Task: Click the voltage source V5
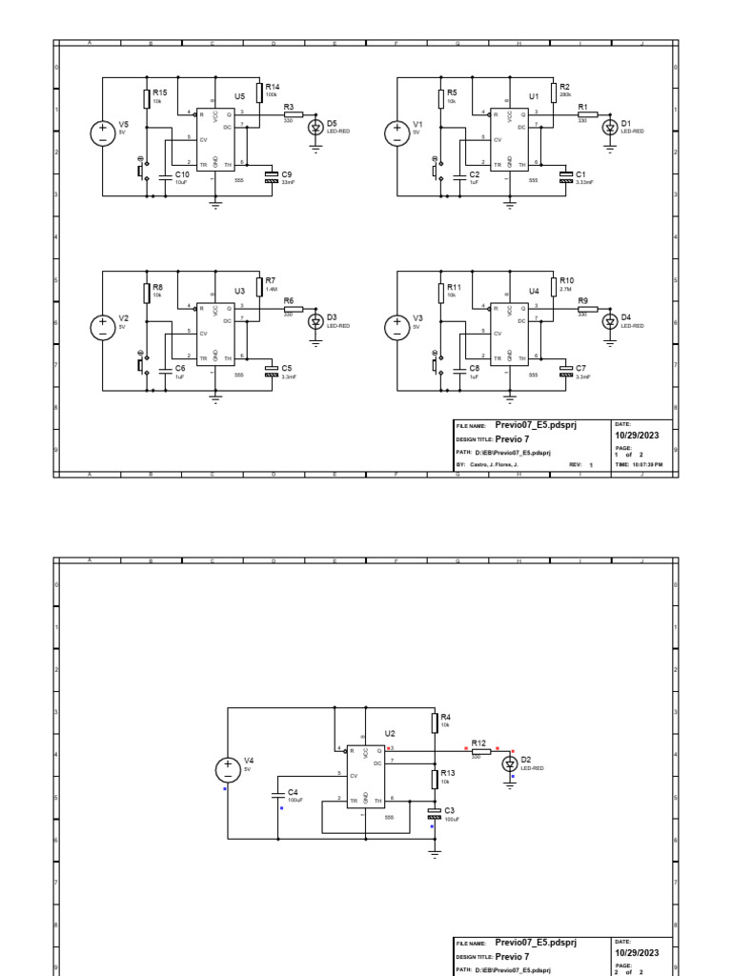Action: click(103, 133)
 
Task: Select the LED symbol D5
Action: click(316, 125)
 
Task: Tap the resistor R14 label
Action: click(272, 87)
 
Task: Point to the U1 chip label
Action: click(534, 96)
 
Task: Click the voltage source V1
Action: click(396, 133)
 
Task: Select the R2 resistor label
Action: click(564, 87)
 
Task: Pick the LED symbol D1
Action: click(610, 125)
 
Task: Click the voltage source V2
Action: click(103, 327)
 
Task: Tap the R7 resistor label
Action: click(271, 280)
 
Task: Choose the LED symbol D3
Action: click(316, 320)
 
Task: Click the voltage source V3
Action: click(396, 327)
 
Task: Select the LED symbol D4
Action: click(610, 320)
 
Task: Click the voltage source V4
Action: click(228, 769)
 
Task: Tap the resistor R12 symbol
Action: click(481, 751)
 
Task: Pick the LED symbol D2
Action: click(510, 764)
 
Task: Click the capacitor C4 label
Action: click(293, 792)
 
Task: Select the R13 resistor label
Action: click(446, 774)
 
